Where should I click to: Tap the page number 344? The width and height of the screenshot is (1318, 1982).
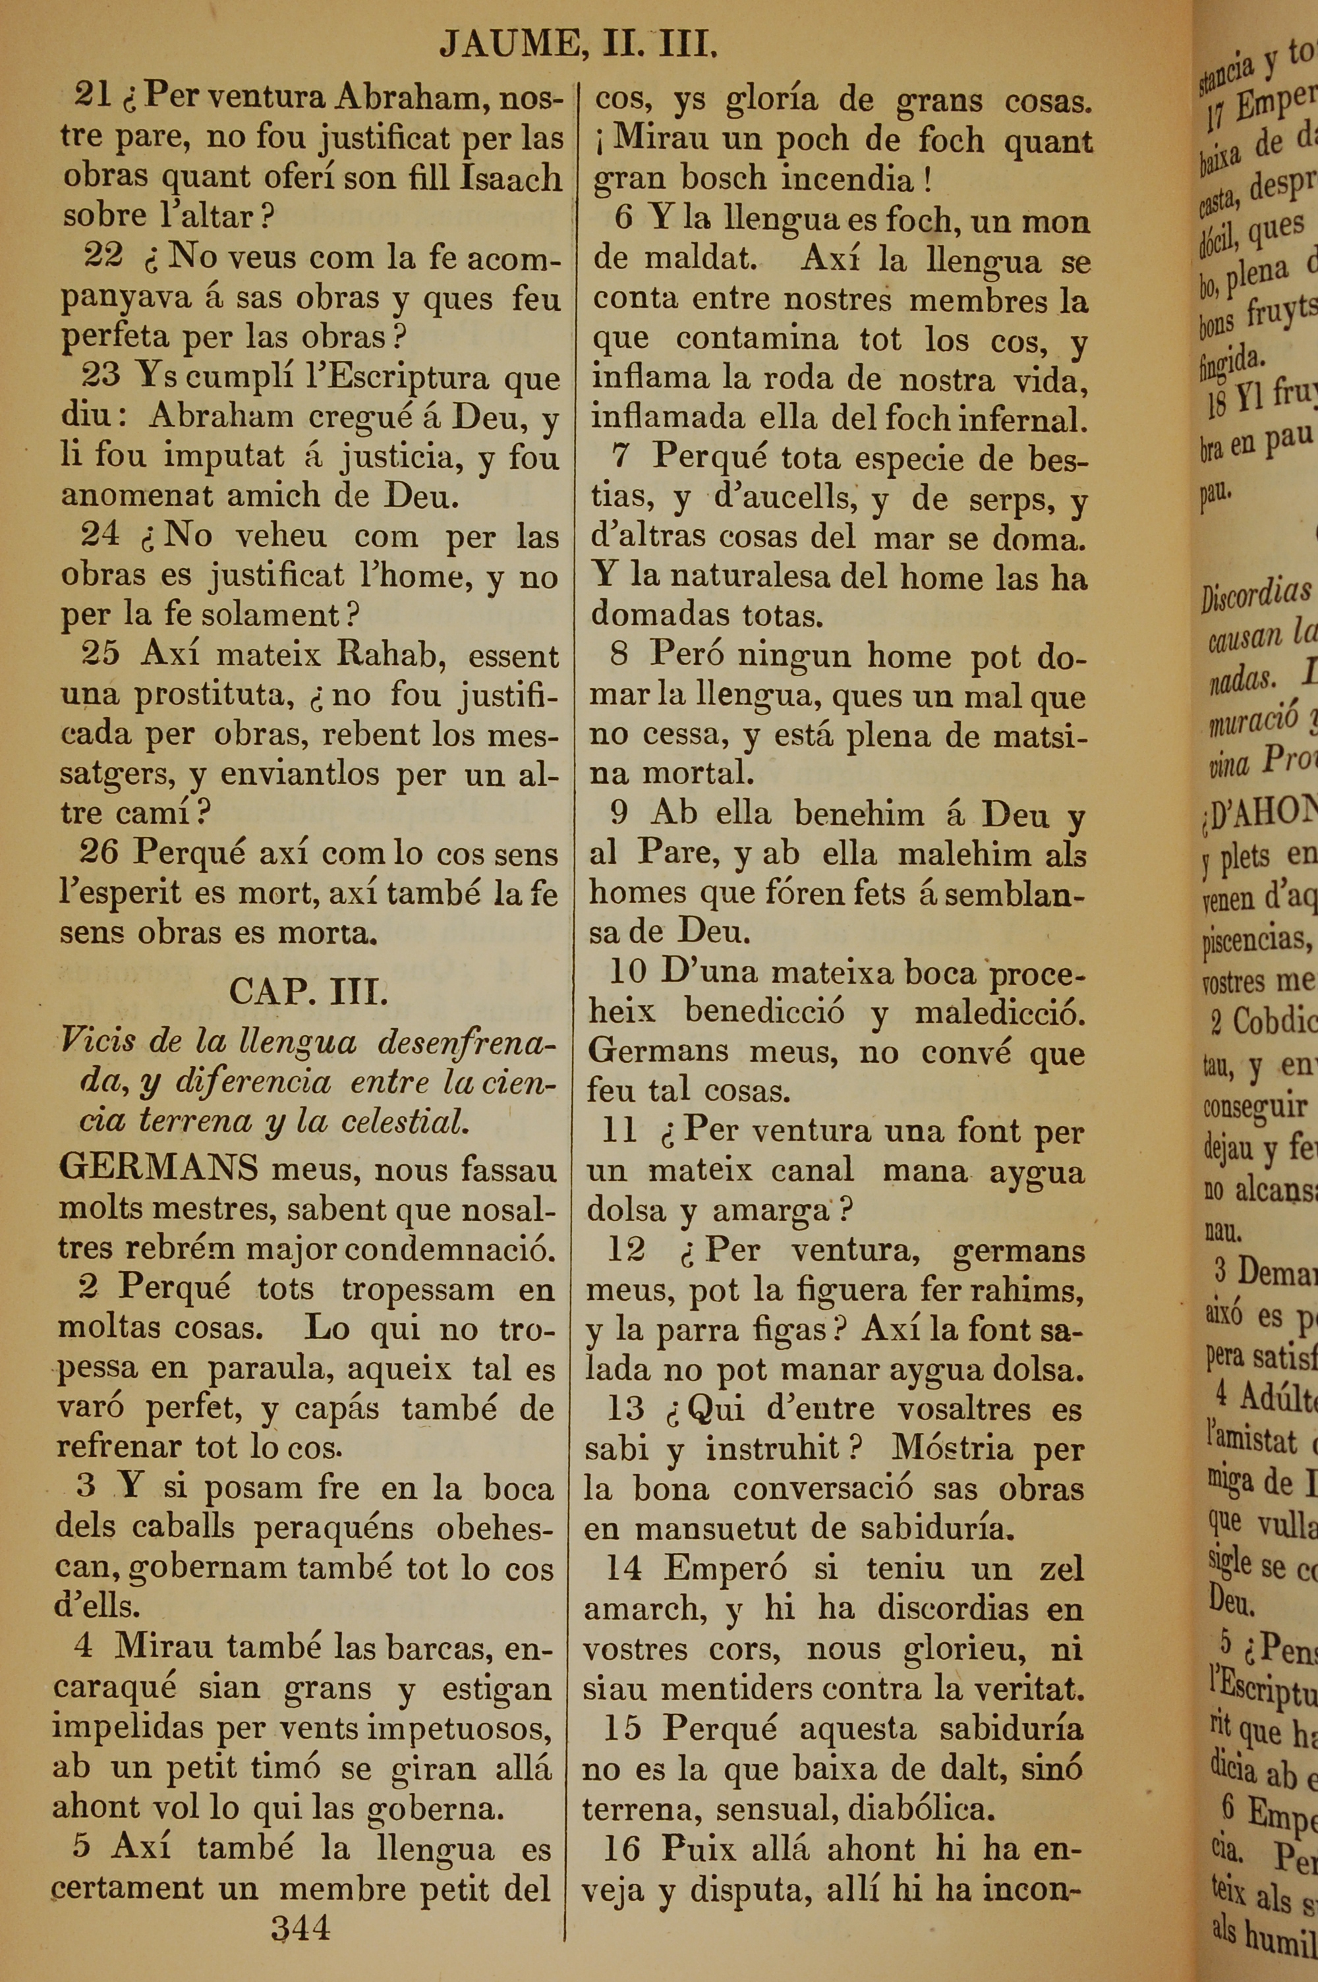click(300, 1927)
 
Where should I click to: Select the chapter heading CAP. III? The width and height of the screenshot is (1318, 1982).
click(308, 992)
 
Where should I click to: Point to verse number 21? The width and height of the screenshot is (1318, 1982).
click(92, 96)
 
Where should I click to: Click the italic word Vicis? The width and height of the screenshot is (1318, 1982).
click(98, 1042)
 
